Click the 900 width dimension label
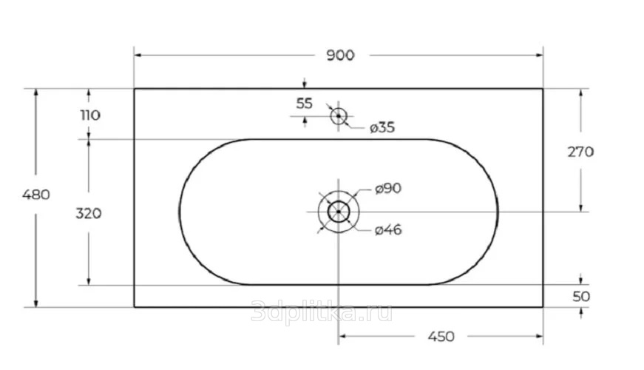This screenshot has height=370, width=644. [340, 55]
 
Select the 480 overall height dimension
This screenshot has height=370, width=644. [36, 195]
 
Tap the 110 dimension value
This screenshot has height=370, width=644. [90, 115]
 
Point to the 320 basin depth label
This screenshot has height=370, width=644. [88, 213]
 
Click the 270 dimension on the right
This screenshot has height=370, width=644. [580, 152]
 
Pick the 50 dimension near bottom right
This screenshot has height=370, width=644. [581, 297]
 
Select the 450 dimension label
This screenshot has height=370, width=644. [441, 337]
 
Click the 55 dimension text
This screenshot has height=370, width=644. [305, 104]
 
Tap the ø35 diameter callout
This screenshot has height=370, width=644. [382, 128]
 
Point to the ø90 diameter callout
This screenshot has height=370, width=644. [388, 189]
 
